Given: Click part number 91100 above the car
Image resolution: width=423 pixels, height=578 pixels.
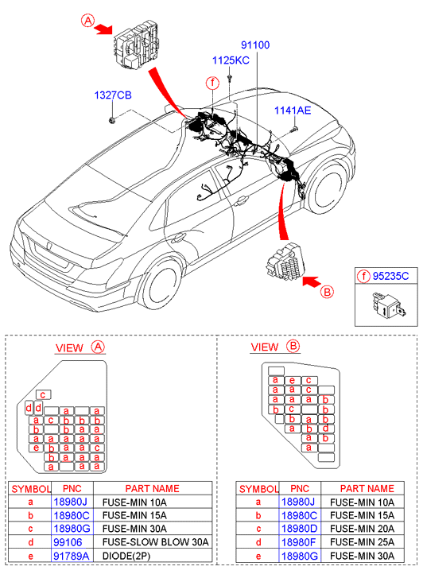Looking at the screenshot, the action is [x=255, y=45].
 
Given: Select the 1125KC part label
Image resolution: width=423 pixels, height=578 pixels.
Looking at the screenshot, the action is [x=231, y=60].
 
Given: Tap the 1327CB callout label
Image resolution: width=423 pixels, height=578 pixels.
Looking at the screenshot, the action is [x=113, y=95].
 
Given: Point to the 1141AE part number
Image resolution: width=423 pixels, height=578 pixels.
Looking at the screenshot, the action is [x=293, y=111].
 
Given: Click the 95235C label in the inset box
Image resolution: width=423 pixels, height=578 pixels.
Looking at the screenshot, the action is [x=390, y=276].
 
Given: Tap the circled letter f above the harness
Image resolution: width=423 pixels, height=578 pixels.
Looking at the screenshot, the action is [x=212, y=83].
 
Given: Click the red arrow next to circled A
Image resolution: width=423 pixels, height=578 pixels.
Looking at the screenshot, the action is [x=103, y=29].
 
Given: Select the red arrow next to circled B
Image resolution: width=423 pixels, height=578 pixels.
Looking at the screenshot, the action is [x=312, y=281].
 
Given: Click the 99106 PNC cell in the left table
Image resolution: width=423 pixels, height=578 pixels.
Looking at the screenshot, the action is [x=68, y=542].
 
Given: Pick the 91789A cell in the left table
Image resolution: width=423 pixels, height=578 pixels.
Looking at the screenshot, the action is [x=72, y=556].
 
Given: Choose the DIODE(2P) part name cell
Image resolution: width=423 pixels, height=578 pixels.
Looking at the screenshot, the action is [x=126, y=556].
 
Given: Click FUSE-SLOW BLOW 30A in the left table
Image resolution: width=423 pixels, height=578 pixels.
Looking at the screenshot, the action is [x=155, y=542].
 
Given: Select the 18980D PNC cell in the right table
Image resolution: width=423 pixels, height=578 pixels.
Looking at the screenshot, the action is [x=300, y=529].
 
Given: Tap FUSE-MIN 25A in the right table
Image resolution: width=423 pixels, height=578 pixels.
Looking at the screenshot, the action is [x=362, y=542].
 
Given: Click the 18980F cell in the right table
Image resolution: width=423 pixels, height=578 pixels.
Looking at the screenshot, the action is [x=299, y=542].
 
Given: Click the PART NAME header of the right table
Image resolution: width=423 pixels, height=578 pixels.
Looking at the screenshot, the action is [x=367, y=488].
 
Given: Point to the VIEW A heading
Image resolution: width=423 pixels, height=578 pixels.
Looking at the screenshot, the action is [x=80, y=347].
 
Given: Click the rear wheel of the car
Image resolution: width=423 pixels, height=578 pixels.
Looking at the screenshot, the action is [x=161, y=284].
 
